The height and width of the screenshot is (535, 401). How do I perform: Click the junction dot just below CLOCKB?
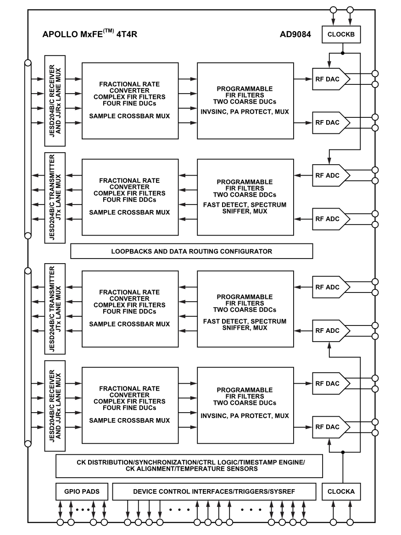342,53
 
